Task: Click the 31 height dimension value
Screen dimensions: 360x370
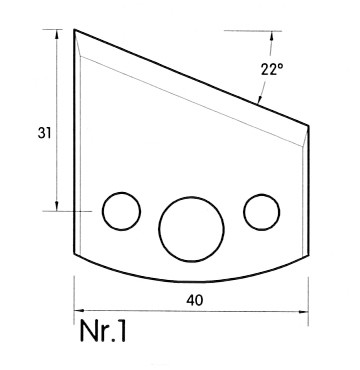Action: coord(44,133)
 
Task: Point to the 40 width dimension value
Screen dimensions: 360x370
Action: coord(195,301)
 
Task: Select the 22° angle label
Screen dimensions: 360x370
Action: coord(272,69)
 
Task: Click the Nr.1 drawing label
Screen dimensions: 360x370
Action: coord(103,332)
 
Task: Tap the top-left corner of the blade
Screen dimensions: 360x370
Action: coord(74,30)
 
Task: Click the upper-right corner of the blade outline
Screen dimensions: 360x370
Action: coord(308,126)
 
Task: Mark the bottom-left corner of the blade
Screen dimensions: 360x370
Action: coord(74,254)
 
